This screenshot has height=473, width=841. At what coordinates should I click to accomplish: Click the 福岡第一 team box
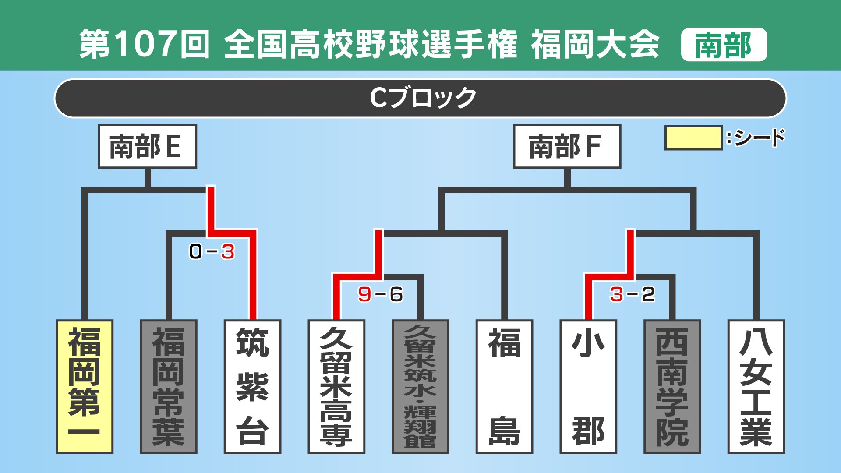85,386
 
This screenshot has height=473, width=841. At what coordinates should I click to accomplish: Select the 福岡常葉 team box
169,386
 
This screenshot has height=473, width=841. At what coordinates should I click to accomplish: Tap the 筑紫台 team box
252,386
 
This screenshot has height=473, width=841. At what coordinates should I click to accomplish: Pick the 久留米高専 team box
336,386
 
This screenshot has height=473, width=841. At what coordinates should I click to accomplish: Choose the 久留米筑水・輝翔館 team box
420,386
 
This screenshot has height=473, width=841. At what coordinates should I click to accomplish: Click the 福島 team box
504,386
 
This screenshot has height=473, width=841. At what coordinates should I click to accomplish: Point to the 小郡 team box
588,386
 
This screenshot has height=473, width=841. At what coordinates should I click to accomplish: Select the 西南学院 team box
672,386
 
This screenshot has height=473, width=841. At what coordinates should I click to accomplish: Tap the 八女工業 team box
756,386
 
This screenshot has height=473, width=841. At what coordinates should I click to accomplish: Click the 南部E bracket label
148,146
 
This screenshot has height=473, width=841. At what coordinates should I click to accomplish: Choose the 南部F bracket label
567,146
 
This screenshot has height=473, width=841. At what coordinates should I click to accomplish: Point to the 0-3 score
212,252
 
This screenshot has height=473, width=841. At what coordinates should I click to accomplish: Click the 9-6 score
380,294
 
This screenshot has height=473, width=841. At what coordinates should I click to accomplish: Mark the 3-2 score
632,294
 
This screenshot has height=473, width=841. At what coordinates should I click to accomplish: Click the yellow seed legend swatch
693,138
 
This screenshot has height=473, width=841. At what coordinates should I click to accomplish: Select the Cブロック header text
423,98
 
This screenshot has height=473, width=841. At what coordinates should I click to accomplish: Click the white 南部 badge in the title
724,45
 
